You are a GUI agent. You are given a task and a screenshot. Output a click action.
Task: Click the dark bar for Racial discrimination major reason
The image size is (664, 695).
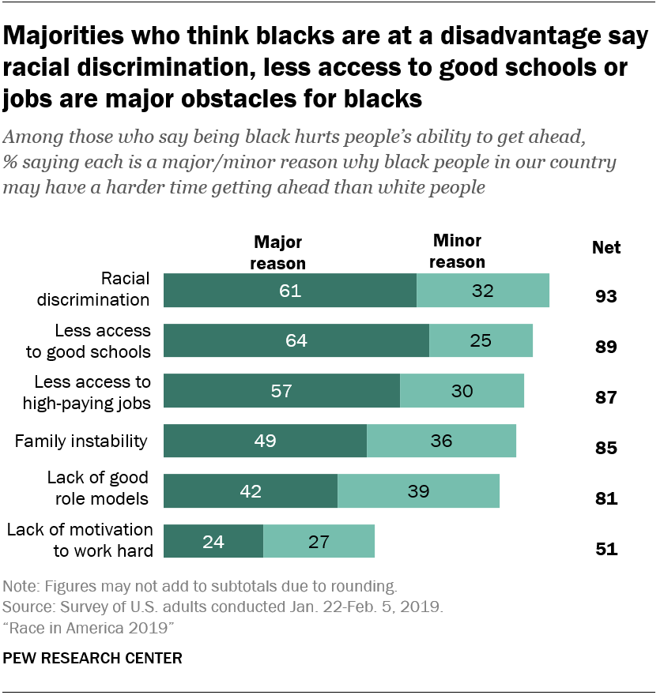pos(289,290)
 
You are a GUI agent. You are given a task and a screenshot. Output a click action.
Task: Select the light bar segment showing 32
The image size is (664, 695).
pos(482,290)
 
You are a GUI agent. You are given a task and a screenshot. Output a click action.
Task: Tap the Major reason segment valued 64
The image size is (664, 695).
pos(296,340)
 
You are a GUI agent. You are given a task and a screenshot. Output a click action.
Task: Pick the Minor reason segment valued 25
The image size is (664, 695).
pos(481,340)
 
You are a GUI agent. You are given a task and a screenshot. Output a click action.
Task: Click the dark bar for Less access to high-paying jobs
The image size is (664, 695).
pos(281,390)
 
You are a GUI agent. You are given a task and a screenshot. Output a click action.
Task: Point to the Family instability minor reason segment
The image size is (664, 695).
pos(441,441)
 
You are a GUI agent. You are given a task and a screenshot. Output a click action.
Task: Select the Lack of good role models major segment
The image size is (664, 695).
pos(251,490)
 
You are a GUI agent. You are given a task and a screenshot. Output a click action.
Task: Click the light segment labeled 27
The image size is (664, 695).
pos(319,541)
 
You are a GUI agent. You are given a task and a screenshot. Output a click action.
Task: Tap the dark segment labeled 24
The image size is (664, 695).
pos(213,541)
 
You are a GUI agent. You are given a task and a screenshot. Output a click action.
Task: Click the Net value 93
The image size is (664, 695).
pos(606,297)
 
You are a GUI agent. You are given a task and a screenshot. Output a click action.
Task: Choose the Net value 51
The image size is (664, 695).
pos(606,549)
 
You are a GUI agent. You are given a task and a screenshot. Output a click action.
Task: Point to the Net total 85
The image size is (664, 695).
pos(606,448)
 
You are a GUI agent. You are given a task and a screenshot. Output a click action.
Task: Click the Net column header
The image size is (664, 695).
pos(606,248)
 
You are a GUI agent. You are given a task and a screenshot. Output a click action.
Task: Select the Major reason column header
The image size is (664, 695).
pos(277,253)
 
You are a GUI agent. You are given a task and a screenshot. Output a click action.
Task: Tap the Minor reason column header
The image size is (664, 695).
pos(458,251)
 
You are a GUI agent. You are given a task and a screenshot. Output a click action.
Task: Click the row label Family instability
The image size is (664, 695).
pos(81,441)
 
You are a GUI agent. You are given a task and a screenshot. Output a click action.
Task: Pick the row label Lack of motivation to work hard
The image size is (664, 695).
pos(80,540)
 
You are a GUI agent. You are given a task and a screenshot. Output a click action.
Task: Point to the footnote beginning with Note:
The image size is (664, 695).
pos(200,587)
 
